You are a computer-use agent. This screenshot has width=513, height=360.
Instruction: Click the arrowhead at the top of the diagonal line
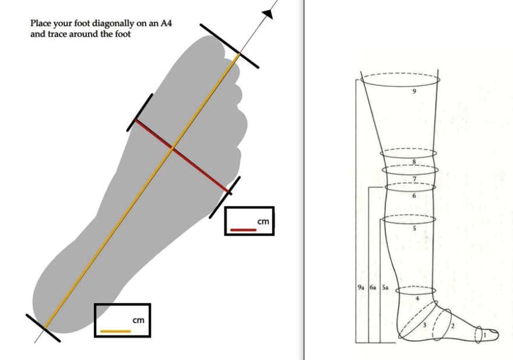268,14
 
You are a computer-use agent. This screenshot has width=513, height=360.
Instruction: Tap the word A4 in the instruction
166,23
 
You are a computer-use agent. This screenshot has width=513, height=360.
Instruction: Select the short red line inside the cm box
244,230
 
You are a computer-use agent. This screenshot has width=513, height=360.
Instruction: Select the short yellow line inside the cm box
115,331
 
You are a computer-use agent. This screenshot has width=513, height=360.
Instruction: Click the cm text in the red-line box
263,221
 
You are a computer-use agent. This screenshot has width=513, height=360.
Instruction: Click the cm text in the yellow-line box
138,320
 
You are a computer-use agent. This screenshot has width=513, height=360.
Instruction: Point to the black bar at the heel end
43,328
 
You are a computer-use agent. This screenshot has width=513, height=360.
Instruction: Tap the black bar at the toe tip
229,46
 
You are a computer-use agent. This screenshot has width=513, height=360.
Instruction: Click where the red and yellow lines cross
173,149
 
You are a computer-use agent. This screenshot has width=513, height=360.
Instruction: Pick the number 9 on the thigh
414,91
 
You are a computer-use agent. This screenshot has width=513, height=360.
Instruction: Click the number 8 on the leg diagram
414,161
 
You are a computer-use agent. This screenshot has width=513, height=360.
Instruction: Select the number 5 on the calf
414,228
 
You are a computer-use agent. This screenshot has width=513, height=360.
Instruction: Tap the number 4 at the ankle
417,298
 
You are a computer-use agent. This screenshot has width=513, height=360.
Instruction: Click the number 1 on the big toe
485,334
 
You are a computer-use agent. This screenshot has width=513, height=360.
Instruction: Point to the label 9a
361,287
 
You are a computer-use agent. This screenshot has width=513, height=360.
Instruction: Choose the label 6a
373,287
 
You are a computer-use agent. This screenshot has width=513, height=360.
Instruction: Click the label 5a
385,287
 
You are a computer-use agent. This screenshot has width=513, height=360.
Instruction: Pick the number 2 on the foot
453,326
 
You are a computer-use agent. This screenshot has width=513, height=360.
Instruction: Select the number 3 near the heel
424,324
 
